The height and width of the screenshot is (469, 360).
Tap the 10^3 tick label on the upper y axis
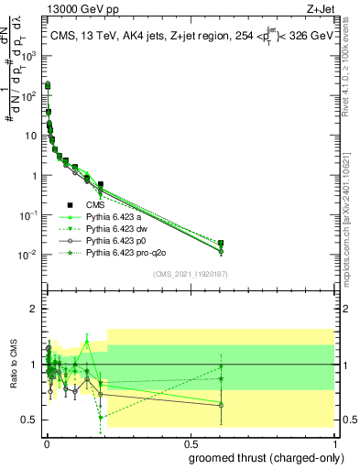tap(28, 56)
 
